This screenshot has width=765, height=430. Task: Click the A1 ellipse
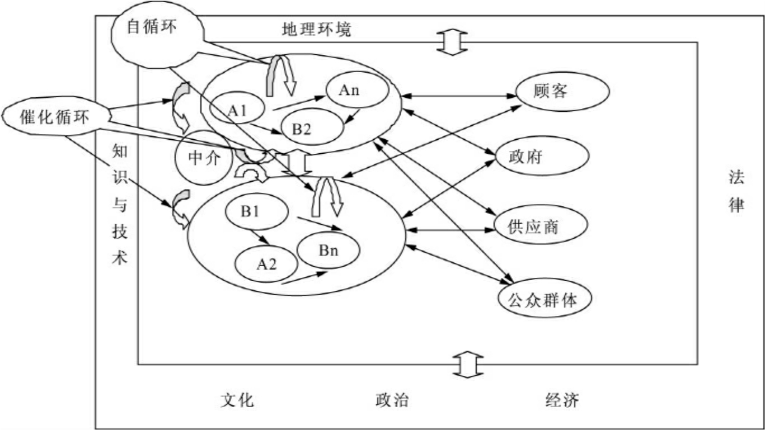(x=238, y=110)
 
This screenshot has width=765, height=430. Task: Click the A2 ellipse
(x=266, y=265)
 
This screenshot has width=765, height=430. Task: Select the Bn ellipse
(x=328, y=250)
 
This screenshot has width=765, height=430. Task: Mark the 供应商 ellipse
(x=541, y=226)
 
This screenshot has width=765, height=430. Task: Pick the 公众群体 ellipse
(x=545, y=300)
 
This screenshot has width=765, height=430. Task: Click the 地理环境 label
(x=317, y=30)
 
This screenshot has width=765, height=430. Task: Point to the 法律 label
(x=736, y=191)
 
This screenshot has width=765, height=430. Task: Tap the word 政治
(x=392, y=400)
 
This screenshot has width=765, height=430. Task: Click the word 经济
(x=562, y=400)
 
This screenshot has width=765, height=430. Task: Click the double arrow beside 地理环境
(x=452, y=41)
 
